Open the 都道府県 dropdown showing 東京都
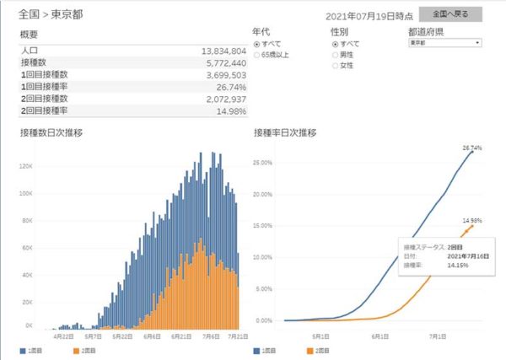444,41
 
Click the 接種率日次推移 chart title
285,132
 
